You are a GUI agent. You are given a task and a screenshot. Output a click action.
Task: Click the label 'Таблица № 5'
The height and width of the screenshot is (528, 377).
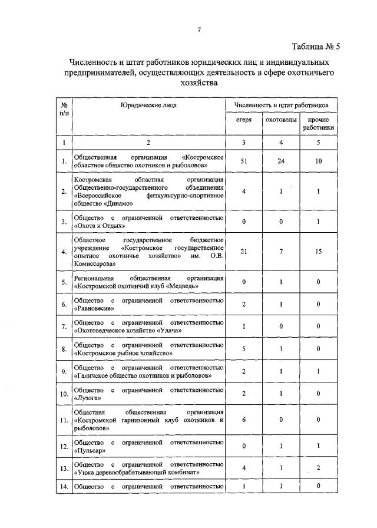[316, 46]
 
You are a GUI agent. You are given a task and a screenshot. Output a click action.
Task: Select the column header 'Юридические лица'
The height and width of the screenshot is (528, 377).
[148, 105]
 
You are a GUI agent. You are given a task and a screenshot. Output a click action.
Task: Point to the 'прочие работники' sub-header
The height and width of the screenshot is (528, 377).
[319, 123]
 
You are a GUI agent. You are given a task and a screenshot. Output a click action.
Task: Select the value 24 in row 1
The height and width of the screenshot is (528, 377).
[281, 161]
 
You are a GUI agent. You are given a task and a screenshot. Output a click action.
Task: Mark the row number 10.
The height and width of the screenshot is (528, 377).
[63, 393]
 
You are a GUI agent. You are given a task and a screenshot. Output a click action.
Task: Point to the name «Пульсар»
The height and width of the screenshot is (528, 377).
[91, 451]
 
